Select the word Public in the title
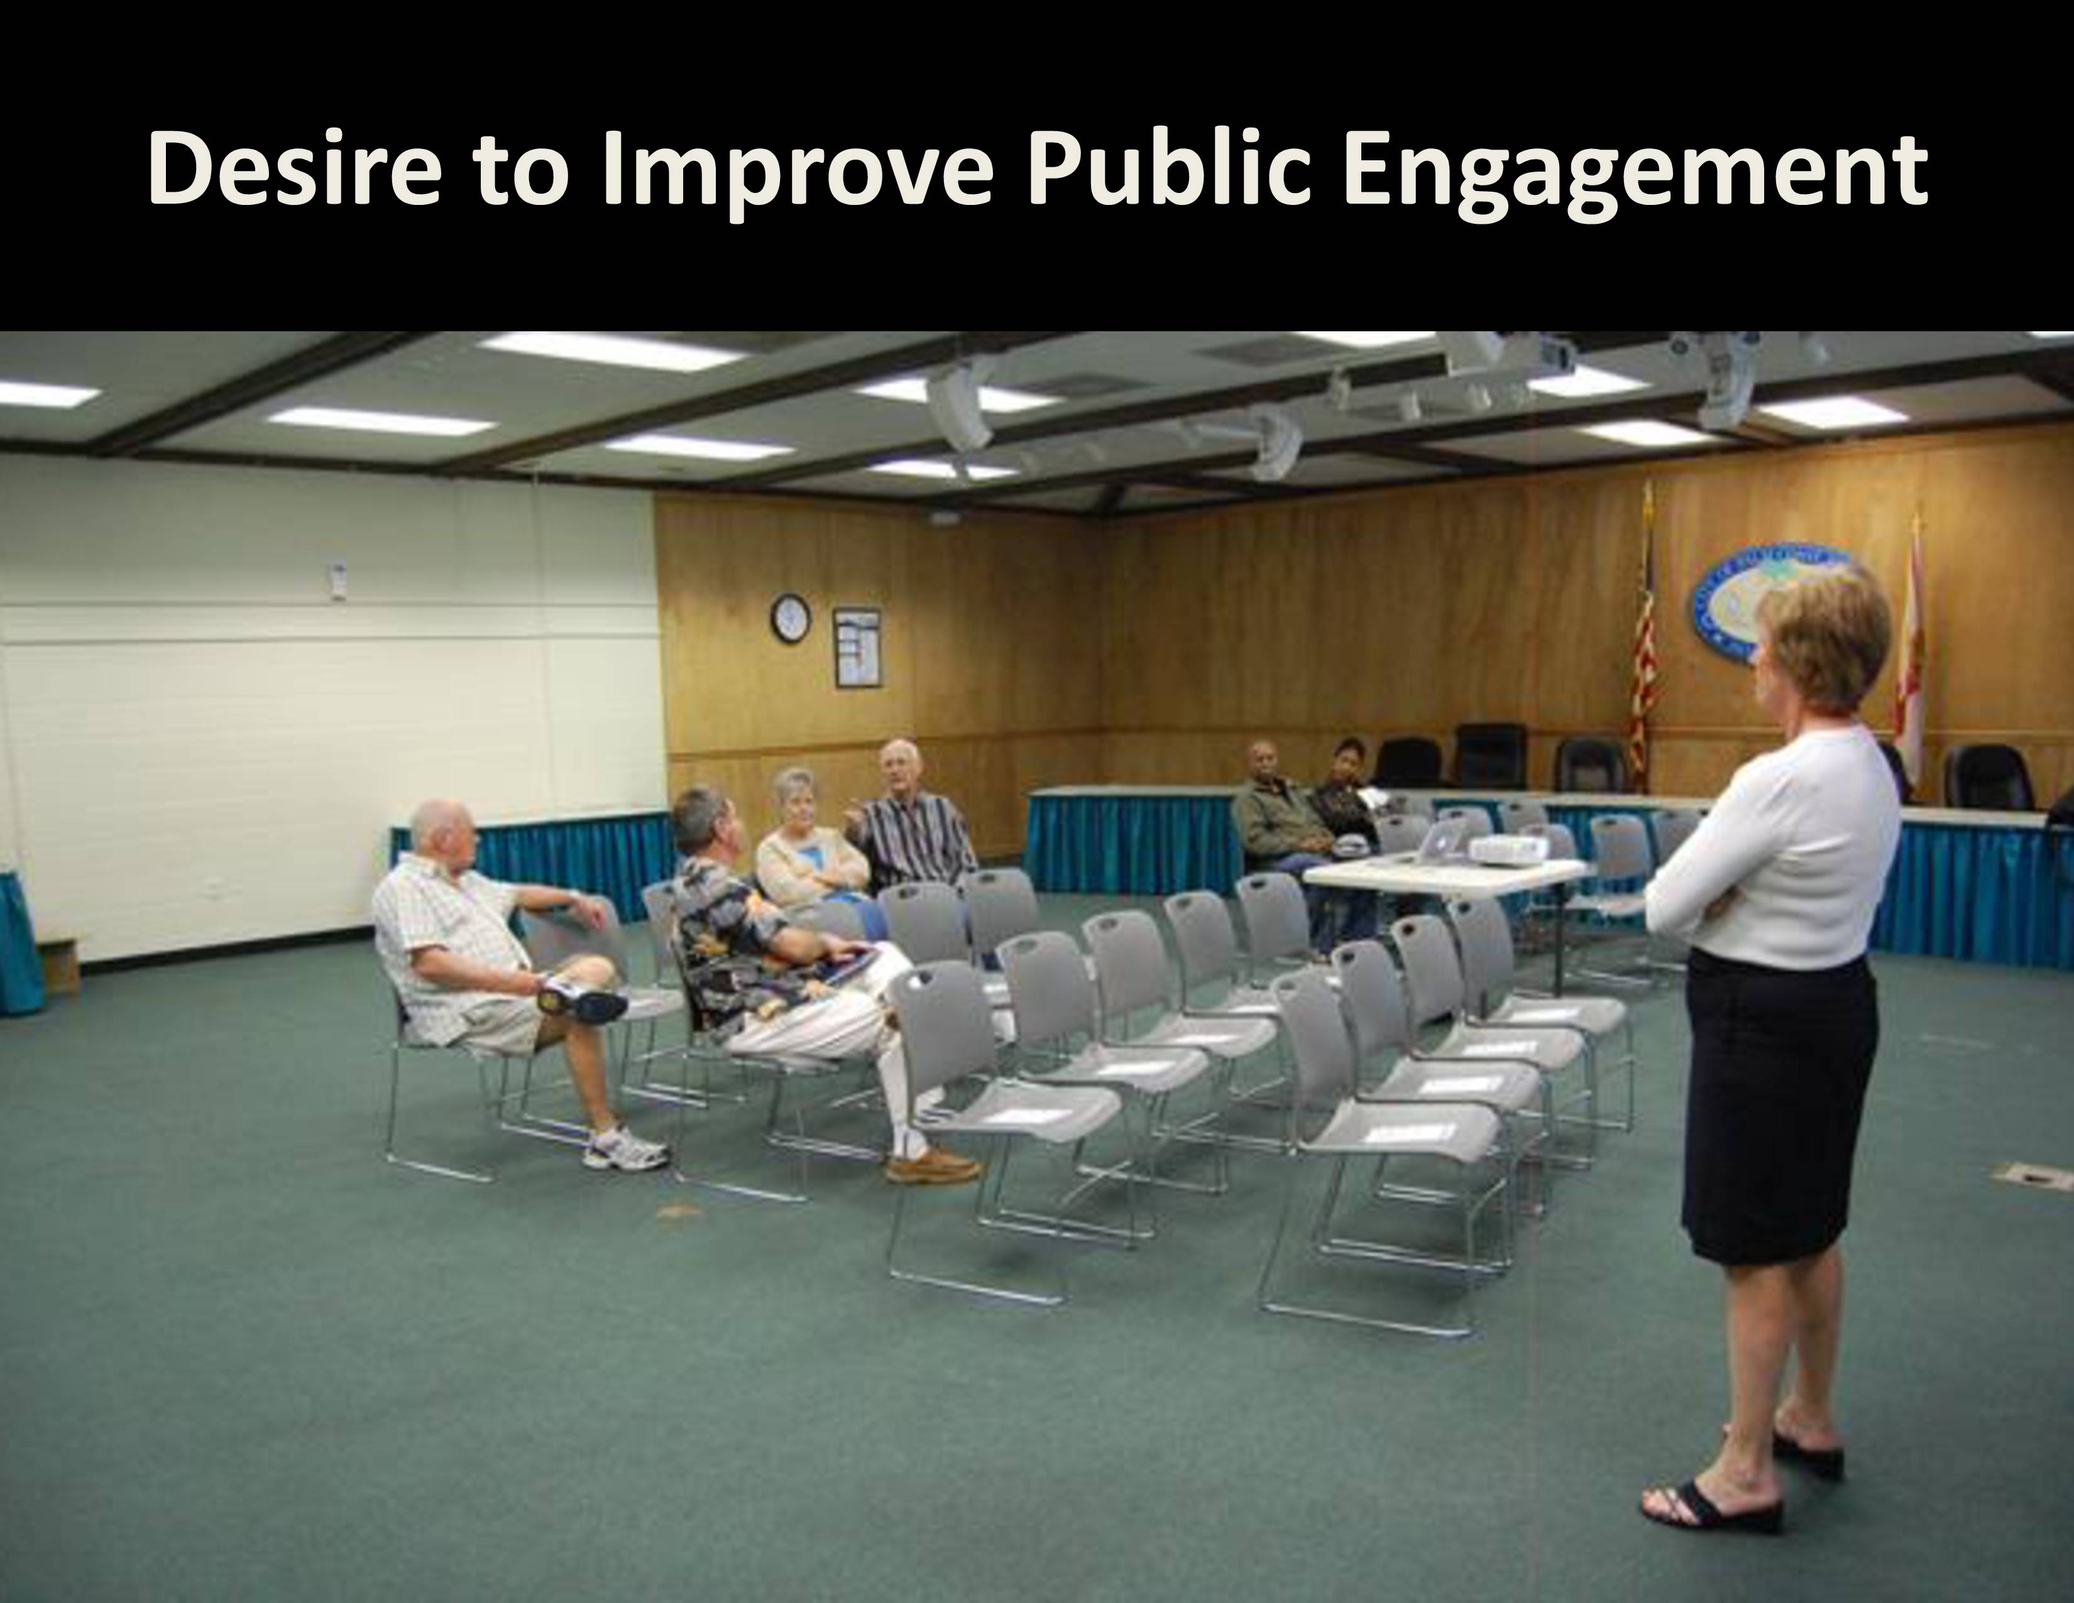click(x=1153, y=169)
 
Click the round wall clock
click(x=790, y=617)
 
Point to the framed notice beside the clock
click(x=857, y=647)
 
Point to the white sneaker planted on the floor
click(x=624, y=1148)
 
